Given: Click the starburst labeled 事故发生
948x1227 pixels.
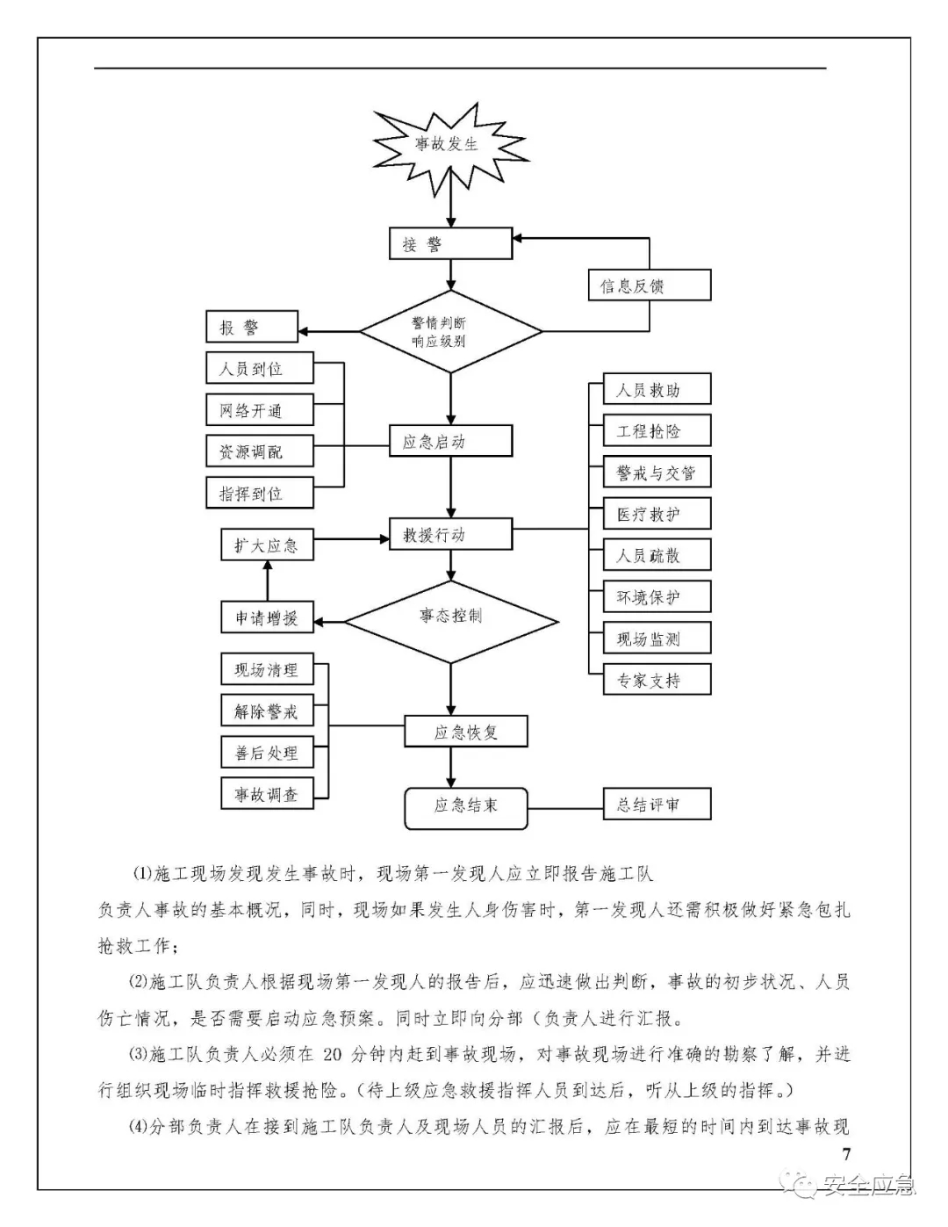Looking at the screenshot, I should pos(449,145).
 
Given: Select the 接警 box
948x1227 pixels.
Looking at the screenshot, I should pos(450,244).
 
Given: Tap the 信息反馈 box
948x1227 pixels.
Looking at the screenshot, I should pos(648,285).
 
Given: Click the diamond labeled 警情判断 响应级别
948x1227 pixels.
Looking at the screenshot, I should pos(450,332).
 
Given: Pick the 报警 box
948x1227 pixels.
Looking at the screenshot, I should pos(251,328).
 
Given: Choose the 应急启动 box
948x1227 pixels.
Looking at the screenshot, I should pos(450,442).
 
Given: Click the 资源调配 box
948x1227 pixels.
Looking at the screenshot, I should pos(259,452).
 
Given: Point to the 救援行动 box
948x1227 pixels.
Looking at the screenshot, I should pos(450,534).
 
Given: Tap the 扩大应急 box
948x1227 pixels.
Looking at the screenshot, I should pos(267,545).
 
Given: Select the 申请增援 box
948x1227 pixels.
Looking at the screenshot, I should pos(267,617).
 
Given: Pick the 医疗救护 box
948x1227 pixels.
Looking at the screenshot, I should pos(657,514).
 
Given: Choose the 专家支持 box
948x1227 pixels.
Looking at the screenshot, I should pos(657,680).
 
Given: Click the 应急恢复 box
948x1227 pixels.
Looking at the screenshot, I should pos(465,732).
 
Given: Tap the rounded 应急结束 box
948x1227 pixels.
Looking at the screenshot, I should pos(465,806).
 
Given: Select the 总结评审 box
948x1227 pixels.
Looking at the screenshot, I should pos(657,804).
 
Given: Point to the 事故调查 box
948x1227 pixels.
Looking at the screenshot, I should pos(267,794).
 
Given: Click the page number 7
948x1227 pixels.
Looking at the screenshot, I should pos(846,1154).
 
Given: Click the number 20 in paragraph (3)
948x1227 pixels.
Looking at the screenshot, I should pos(332,1055).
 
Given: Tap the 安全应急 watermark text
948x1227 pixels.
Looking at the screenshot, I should pos(867,1186).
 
